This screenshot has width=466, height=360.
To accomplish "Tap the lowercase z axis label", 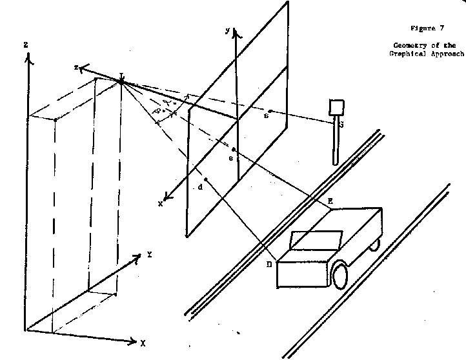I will tap(76, 67).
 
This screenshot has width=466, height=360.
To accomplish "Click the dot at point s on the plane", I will tap(270, 110).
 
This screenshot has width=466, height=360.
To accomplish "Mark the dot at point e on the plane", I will tap(233, 149).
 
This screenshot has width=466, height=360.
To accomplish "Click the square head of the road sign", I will tap(336, 107).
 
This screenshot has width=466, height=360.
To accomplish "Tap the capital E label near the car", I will tap(330, 201).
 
